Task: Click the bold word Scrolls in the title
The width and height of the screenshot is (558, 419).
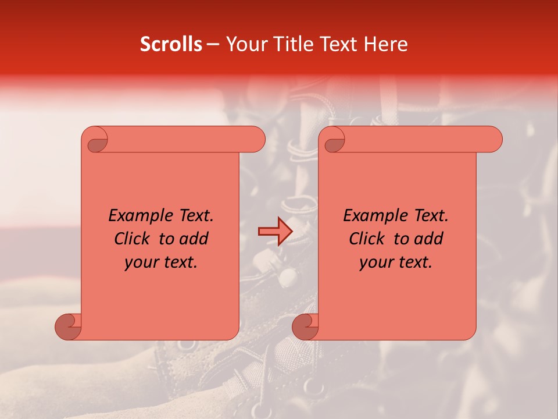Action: (171, 44)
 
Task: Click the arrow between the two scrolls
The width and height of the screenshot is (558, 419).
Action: (275, 232)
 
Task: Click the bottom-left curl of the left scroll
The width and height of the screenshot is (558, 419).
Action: (69, 326)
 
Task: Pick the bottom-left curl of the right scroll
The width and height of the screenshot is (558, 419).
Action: (305, 326)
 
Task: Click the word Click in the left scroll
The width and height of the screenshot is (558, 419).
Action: (132, 239)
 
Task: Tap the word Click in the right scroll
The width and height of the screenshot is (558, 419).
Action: (367, 239)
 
